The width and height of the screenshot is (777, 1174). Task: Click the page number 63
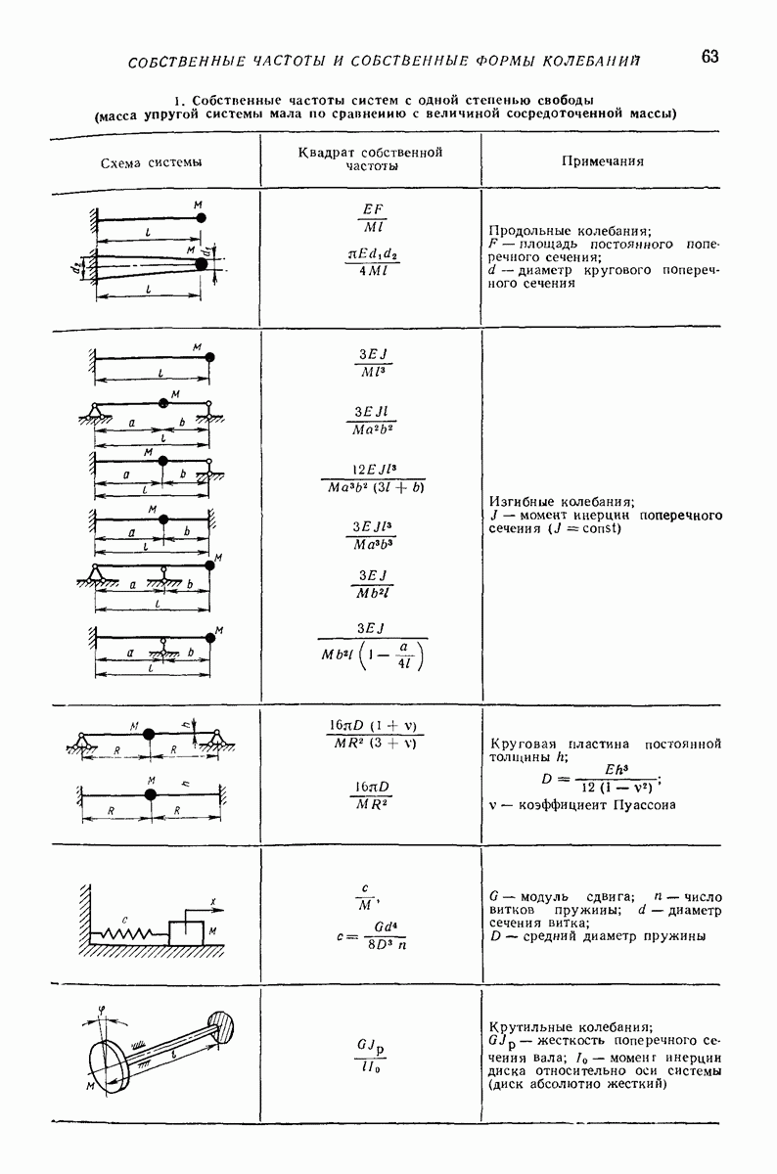[709, 56]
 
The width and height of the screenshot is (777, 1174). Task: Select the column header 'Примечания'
[602, 161]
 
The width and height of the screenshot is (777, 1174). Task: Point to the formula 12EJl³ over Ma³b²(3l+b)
[373, 475]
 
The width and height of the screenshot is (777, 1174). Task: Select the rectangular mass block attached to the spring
[186, 929]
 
